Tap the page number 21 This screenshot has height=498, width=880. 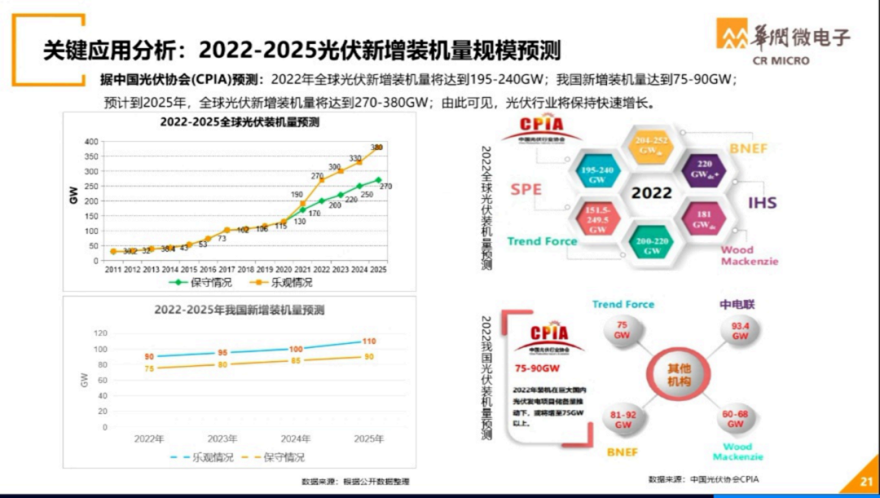(866, 483)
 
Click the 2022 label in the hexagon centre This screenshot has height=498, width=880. (652, 192)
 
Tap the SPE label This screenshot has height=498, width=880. (526, 188)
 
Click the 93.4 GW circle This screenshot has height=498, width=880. (739, 331)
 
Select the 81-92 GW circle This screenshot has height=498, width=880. (623, 420)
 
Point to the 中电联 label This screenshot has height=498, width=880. (737, 304)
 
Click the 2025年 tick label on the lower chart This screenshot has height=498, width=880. (368, 439)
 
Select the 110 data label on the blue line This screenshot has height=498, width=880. (368, 342)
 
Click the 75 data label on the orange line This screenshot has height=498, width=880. (149, 369)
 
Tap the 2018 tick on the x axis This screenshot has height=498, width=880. (245, 269)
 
